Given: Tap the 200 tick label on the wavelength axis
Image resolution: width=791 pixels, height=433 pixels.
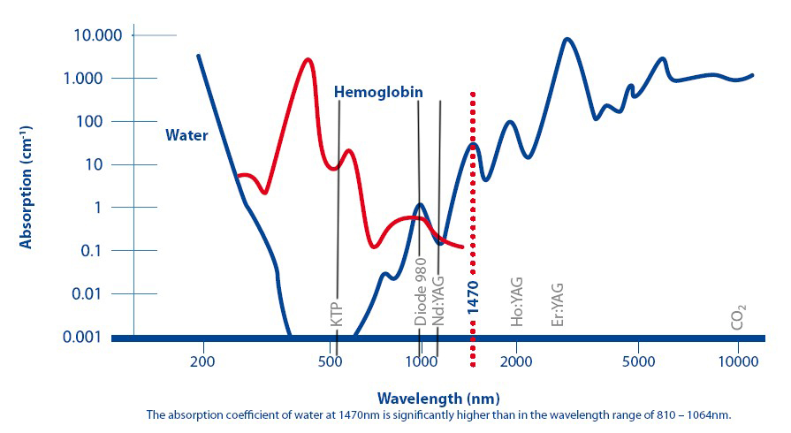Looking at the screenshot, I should [x=202, y=361].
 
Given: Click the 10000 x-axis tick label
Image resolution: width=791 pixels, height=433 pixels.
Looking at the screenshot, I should [x=737, y=361].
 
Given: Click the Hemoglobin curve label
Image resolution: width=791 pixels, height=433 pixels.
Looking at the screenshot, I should [x=377, y=92].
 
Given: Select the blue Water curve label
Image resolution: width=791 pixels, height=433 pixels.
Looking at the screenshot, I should [x=186, y=135].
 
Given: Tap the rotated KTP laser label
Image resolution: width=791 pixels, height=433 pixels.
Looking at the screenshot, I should [x=336, y=315].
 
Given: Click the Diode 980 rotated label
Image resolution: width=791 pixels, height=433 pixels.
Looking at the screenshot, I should [x=421, y=292].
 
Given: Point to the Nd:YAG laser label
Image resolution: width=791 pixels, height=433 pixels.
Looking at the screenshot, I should [x=438, y=300].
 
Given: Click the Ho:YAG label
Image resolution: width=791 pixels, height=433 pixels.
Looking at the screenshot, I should [x=517, y=300].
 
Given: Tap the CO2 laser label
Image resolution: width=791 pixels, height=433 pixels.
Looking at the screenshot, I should [x=738, y=316].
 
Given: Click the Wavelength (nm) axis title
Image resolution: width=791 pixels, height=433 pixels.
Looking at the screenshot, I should [x=432, y=398].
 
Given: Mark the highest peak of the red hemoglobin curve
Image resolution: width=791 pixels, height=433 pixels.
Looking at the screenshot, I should [x=308, y=59].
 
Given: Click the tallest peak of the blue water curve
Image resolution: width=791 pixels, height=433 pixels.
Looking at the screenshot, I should [x=567, y=39].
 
